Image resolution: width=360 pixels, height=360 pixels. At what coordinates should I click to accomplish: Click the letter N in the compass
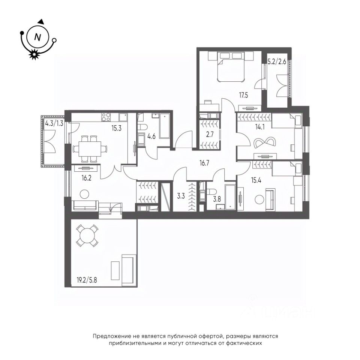pyautogui.click(x=37, y=37)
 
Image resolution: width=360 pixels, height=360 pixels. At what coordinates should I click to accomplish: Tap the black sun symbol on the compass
pyautogui.click(x=34, y=54)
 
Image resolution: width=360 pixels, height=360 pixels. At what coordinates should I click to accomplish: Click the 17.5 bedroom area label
pyautogui.click(x=243, y=95)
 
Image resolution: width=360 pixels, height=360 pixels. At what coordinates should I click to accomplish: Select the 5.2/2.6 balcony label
pyautogui.click(x=277, y=61)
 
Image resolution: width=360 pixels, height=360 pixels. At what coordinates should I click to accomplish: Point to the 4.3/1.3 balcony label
pyautogui.click(x=54, y=124)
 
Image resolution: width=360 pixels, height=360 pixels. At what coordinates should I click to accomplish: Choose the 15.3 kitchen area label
pyautogui.click(x=117, y=128)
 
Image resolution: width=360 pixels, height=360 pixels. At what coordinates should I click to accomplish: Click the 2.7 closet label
pyautogui.click(x=210, y=134)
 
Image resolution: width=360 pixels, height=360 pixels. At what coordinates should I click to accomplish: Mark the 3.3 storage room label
pyautogui.click(x=181, y=196)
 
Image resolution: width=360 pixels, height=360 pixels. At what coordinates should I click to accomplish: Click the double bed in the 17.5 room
pyautogui.click(x=231, y=67)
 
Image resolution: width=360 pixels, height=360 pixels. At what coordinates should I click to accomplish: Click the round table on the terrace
pyautogui.click(x=87, y=236)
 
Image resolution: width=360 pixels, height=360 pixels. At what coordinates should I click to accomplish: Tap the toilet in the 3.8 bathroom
pyautogui.click(x=211, y=192)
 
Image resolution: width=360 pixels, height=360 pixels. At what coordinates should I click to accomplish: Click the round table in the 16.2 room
pyautogui.click(x=84, y=194)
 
